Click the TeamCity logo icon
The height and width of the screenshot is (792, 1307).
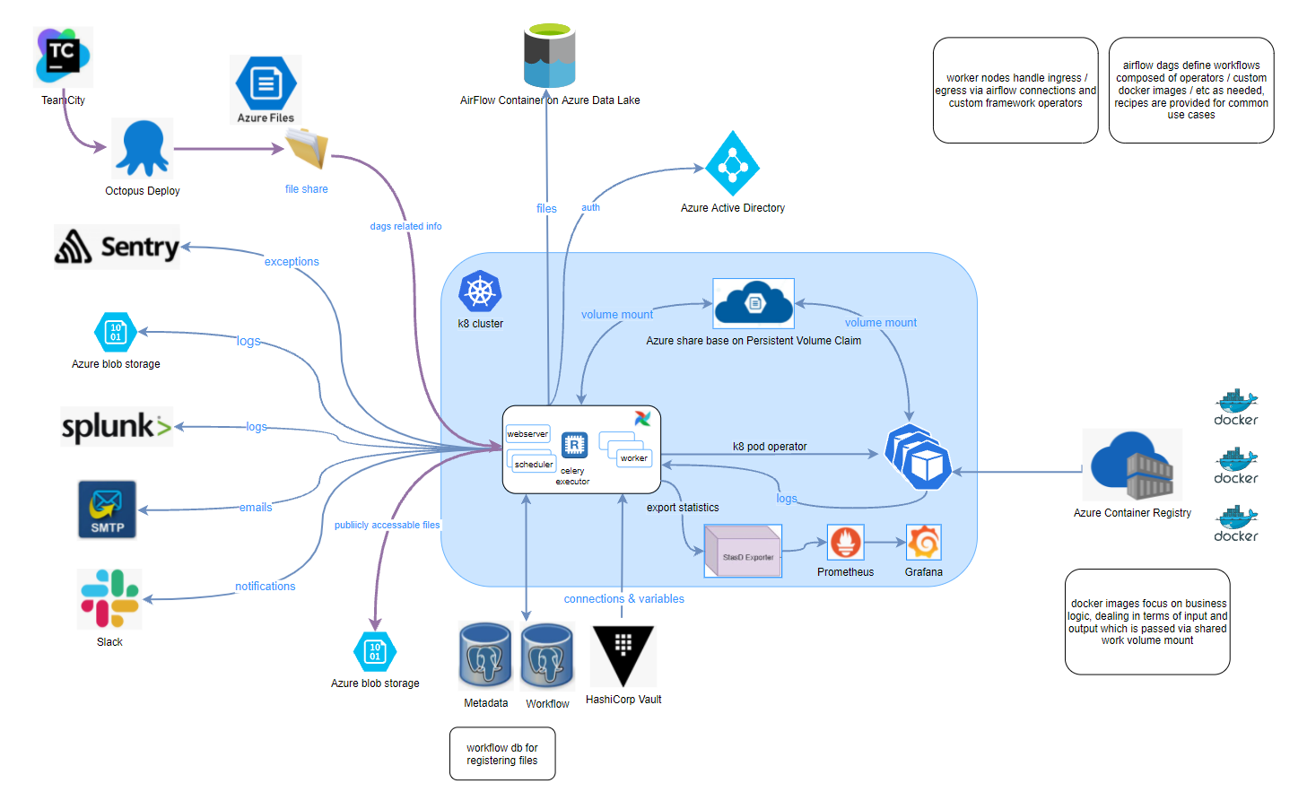(x=63, y=57)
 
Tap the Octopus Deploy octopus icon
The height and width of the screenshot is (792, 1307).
(x=143, y=148)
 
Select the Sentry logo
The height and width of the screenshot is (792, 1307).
(x=117, y=247)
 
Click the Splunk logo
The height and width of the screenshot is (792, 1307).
(x=116, y=427)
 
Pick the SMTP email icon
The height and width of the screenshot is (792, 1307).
(x=108, y=509)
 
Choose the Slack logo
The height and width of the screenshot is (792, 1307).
(x=109, y=599)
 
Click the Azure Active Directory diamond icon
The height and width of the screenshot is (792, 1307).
(x=732, y=164)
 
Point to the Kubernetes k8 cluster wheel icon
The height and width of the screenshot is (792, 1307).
(x=480, y=292)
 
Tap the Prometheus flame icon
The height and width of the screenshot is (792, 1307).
(x=845, y=543)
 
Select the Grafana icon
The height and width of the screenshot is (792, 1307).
(x=923, y=543)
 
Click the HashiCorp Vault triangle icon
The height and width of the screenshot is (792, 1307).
(x=623, y=656)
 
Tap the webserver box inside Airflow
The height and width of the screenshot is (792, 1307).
(x=527, y=434)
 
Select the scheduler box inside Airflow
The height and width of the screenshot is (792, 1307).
(x=533, y=463)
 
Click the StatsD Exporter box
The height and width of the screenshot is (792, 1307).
(x=744, y=551)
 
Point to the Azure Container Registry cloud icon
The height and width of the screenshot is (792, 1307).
(x=1132, y=465)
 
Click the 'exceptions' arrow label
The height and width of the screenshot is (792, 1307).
(x=292, y=262)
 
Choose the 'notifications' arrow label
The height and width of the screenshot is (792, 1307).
(x=266, y=587)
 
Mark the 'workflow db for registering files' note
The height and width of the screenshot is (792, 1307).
(x=502, y=753)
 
